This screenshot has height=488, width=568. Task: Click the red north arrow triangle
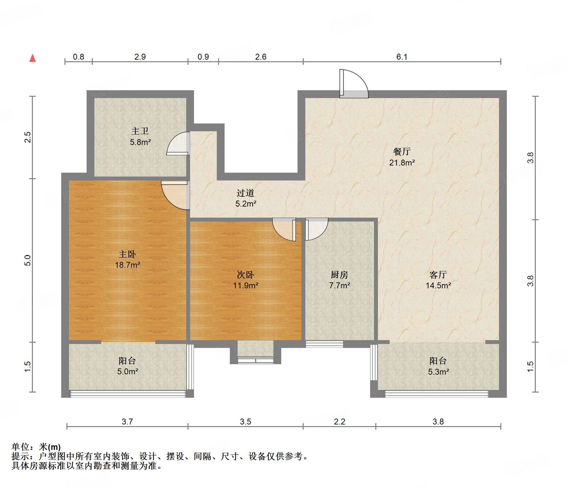[x=33, y=58]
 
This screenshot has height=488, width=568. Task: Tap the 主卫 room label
[x=140, y=131]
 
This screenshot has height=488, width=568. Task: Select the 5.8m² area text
[x=140, y=142]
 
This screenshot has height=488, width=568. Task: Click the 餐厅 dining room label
[x=402, y=151]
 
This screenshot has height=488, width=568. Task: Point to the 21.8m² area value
[x=402, y=162]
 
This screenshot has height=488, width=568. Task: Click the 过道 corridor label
[x=245, y=193]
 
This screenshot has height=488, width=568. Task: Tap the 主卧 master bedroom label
[x=127, y=254]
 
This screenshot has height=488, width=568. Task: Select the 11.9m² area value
[x=246, y=285]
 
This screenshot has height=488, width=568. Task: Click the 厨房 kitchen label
[x=339, y=275]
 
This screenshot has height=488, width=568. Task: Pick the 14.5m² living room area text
[x=438, y=285]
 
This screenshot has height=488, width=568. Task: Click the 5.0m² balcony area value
[x=128, y=371]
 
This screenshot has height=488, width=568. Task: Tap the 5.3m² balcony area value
[x=438, y=372]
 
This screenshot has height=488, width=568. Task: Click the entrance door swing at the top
[x=354, y=84]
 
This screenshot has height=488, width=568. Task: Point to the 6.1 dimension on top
[x=402, y=57]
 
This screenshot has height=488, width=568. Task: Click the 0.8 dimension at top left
[x=78, y=57]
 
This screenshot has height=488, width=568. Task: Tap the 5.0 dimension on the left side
[x=28, y=260]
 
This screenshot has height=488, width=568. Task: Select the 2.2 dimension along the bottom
[x=339, y=422]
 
